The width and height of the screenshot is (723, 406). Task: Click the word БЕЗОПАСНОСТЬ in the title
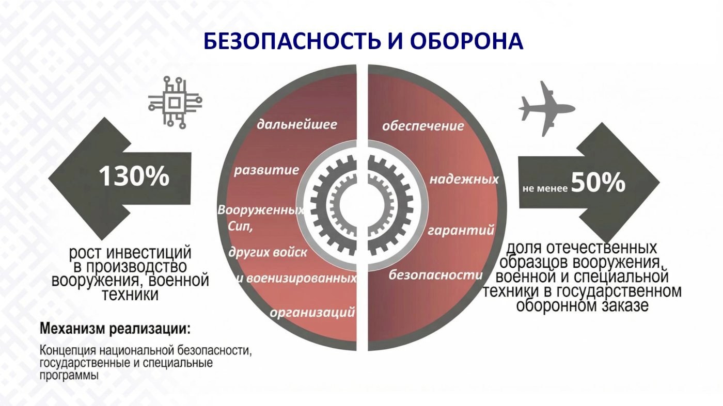pyautogui.click(x=292, y=41)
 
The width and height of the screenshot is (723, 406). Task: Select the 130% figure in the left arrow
pyautogui.click(x=134, y=176)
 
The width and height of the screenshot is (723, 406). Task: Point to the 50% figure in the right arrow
pyautogui.click(x=598, y=182)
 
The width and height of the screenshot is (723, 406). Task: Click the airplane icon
pyautogui.click(x=546, y=109)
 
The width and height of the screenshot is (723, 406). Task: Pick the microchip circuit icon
pyautogui.click(x=175, y=103)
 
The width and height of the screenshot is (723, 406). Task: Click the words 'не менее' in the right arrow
pyautogui.click(x=545, y=188)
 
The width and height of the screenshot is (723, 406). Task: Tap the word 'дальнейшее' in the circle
pyautogui.click(x=297, y=124)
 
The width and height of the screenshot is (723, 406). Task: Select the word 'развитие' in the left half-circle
pyautogui.click(x=266, y=170)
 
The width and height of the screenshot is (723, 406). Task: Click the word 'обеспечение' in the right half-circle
pyautogui.click(x=423, y=126)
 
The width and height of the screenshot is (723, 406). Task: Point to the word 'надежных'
pyautogui.click(x=464, y=180)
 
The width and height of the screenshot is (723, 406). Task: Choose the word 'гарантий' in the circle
pyautogui.click(x=461, y=231)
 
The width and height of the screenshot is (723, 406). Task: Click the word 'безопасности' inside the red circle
pyautogui.click(x=436, y=275)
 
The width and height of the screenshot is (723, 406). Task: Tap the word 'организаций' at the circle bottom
pyautogui.click(x=312, y=312)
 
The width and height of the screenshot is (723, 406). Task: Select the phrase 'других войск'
pyautogui.click(x=268, y=252)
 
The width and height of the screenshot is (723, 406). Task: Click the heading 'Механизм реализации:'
pyautogui.click(x=115, y=329)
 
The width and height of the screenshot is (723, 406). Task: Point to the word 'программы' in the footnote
pyautogui.click(x=69, y=376)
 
